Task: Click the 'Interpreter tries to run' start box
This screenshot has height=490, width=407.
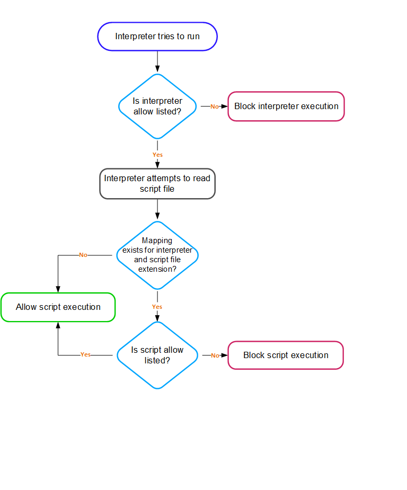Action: pos(157,37)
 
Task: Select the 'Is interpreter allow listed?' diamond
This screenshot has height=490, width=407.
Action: pos(157,106)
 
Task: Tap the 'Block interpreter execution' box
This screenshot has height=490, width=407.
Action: pos(286,106)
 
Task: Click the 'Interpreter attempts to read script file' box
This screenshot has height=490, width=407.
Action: pos(157,184)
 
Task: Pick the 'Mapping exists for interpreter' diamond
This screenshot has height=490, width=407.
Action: pos(157,255)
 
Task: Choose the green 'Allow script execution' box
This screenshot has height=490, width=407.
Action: pos(58,307)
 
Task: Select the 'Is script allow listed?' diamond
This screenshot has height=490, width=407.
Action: pos(157,355)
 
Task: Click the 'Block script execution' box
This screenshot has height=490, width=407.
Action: pos(286,355)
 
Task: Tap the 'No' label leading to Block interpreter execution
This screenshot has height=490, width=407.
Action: pos(215,106)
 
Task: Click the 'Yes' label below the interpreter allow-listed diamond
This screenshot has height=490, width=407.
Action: pos(157,155)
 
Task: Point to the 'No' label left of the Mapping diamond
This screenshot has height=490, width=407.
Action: pos(83,255)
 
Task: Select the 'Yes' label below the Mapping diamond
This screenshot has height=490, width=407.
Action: pos(157,307)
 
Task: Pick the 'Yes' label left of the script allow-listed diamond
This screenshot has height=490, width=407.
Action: pos(85,354)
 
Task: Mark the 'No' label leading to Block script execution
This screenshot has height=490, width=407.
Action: pos(215,355)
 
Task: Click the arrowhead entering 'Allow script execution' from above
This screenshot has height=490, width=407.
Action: pos(58,289)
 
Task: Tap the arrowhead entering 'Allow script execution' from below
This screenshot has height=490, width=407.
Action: pos(58,325)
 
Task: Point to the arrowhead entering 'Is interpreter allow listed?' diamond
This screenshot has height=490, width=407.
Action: pos(157,69)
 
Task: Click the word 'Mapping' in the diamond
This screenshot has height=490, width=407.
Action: pos(157,240)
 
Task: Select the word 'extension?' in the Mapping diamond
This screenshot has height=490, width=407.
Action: pos(157,269)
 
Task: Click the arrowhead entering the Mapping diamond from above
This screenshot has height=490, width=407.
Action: pos(157,216)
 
